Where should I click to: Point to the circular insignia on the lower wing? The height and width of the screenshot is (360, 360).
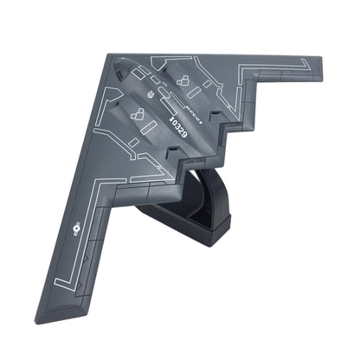pyautogui.click(x=78, y=229)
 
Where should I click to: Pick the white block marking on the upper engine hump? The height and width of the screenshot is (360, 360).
pyautogui.click(x=183, y=80)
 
